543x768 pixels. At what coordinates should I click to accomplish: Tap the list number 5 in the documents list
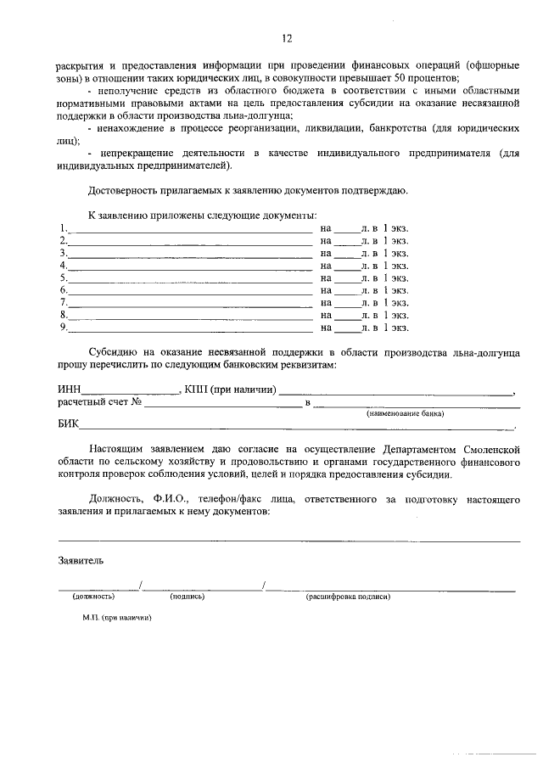pyautogui.click(x=62, y=277)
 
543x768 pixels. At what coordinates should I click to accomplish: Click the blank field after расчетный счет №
pyautogui.click(x=222, y=404)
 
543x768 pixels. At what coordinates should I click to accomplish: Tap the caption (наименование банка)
pyautogui.click(x=406, y=414)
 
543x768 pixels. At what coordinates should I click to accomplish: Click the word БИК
pyautogui.click(x=68, y=427)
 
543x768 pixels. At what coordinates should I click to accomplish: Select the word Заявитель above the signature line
pyautogui.click(x=81, y=561)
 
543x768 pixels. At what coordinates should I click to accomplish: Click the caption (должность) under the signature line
pyautogui.click(x=92, y=597)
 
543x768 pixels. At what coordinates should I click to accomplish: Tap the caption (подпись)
pyautogui.click(x=187, y=597)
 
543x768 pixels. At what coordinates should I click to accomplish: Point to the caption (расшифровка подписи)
pyautogui.click(x=348, y=597)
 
